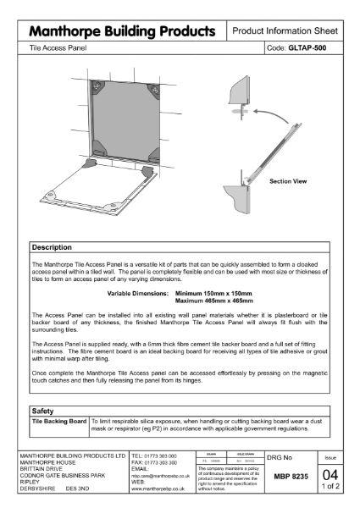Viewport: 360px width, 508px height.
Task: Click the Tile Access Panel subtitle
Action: coord(55,48)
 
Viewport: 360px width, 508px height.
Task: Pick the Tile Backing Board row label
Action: coord(59,420)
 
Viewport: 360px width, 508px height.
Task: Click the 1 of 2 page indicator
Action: coord(331,488)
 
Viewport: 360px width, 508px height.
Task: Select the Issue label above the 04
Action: coord(331,456)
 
